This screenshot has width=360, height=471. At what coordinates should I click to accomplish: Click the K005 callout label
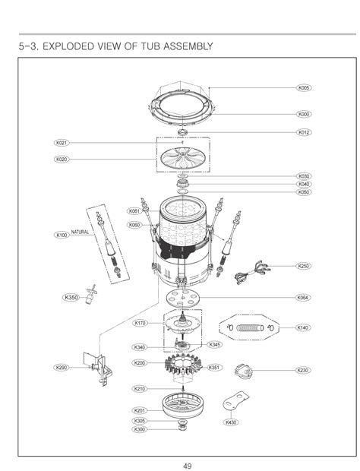tap(304, 88)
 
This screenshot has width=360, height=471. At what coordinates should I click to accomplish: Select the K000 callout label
tap(304, 114)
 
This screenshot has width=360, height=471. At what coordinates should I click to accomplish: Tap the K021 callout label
tap(62, 143)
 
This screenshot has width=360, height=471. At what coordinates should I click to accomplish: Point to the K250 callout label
tap(304, 266)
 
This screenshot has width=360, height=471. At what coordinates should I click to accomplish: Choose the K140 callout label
tap(304, 327)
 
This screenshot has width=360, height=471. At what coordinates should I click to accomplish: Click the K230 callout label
tap(304, 370)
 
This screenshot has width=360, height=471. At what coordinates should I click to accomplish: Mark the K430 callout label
tap(231, 422)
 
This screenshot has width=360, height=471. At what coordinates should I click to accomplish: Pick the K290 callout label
tap(62, 367)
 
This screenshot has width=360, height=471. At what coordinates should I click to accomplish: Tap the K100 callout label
tap(62, 235)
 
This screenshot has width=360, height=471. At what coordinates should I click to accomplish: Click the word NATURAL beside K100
tap(81, 231)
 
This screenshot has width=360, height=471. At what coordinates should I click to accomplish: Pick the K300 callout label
tap(140, 430)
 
